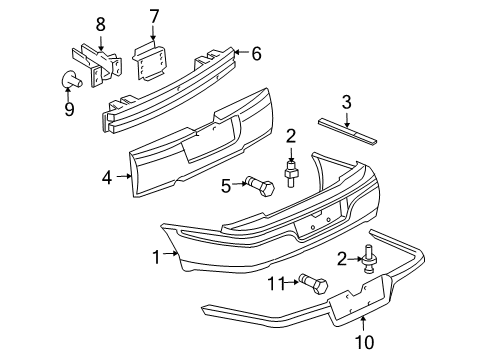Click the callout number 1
click(156, 257)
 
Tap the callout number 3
click(346, 101)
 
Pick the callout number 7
click(154, 16)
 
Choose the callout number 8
click(99, 24)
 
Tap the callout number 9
click(69, 109)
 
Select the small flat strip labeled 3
click(344, 125)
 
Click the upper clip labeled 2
click(292, 173)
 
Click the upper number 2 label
click(291, 136)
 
